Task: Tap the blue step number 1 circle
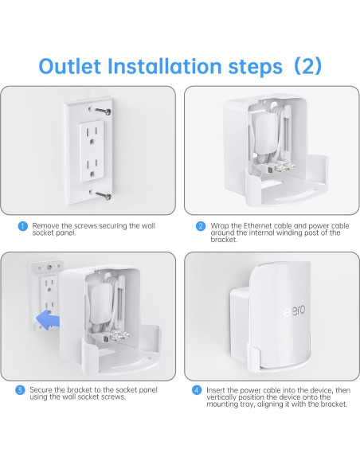pyautogui.click(x=22, y=226)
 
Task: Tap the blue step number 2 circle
pyautogui.click(x=200, y=226)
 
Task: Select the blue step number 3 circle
pyautogui.click(x=22, y=389)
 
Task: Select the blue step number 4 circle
pyautogui.click(x=196, y=389)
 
